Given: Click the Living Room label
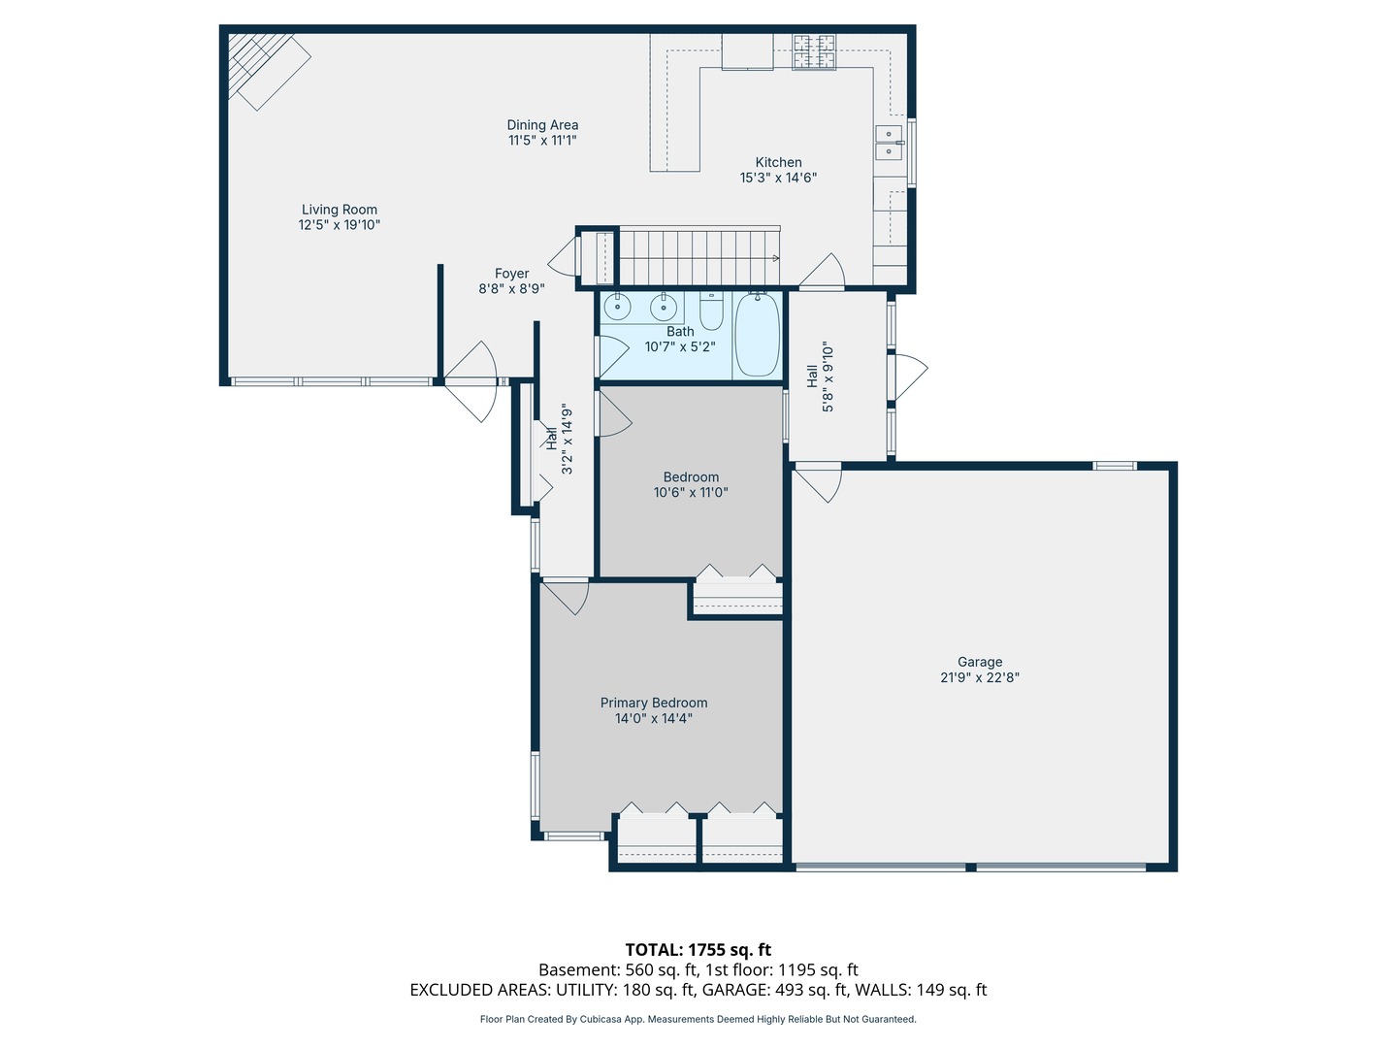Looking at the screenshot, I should click(x=339, y=210).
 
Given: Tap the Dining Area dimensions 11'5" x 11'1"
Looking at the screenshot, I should click(x=542, y=141).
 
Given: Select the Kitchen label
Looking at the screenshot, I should click(x=778, y=163).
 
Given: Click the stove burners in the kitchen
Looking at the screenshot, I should click(x=814, y=52).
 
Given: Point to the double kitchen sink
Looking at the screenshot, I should click(x=889, y=142).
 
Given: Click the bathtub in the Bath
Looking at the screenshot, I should click(x=757, y=335).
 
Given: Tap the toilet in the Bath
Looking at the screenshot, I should click(x=711, y=311).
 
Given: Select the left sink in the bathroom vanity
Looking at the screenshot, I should click(x=617, y=308).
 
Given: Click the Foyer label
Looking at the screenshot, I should click(x=511, y=274).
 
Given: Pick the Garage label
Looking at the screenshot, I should click(x=979, y=662).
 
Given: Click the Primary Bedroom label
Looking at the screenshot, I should click(x=653, y=703).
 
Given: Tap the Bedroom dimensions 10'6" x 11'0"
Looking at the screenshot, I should click(x=690, y=493).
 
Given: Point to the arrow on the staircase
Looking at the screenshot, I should click(x=773, y=258).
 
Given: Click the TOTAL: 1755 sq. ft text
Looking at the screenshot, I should click(x=698, y=950).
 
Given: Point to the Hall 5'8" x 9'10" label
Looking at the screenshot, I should click(x=820, y=377).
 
